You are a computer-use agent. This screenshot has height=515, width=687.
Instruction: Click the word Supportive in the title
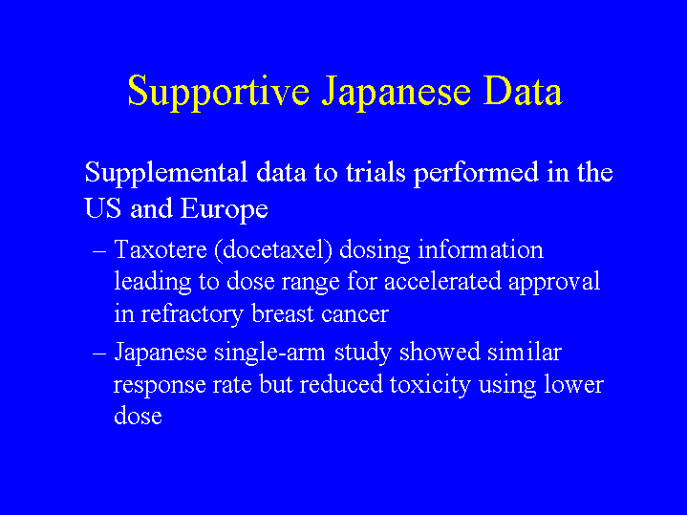point(219,92)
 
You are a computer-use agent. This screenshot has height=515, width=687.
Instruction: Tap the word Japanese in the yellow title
point(397,92)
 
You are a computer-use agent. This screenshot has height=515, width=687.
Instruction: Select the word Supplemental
point(166,173)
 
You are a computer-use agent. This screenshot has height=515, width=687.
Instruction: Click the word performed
point(476,173)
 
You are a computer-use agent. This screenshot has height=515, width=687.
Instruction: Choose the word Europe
point(224,209)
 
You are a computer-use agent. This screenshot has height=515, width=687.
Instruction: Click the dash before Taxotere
point(99,251)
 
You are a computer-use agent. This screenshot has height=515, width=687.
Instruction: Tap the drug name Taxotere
point(161,249)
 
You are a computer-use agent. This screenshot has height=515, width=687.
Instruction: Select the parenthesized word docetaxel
point(273,250)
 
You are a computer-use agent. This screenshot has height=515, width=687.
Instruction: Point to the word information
point(481,249)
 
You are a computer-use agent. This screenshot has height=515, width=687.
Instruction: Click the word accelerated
point(442,282)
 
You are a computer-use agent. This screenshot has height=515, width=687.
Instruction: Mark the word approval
point(554,283)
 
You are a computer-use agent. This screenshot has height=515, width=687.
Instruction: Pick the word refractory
point(192,314)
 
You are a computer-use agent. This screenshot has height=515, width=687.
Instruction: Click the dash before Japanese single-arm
point(99,354)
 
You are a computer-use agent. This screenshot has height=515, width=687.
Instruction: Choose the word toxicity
point(430,385)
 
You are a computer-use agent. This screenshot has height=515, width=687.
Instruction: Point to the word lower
point(574,384)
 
